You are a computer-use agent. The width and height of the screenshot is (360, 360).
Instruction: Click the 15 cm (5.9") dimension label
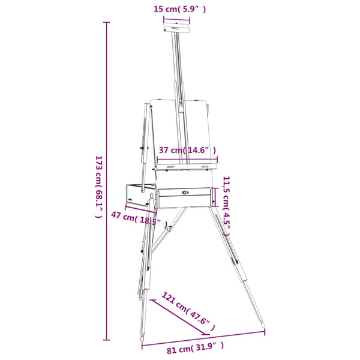179,9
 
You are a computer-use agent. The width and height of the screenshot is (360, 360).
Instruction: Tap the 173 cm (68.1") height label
99,187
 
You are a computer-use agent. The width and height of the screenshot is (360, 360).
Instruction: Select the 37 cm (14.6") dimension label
187,150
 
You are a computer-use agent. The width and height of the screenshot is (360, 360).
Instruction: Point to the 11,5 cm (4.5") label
226,206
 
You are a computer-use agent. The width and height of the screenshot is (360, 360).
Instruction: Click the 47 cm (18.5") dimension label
139,220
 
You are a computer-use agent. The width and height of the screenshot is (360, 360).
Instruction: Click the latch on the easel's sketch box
185,192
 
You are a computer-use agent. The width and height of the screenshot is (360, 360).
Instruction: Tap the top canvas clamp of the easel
176,28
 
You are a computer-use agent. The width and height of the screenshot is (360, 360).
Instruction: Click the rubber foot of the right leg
263,325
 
